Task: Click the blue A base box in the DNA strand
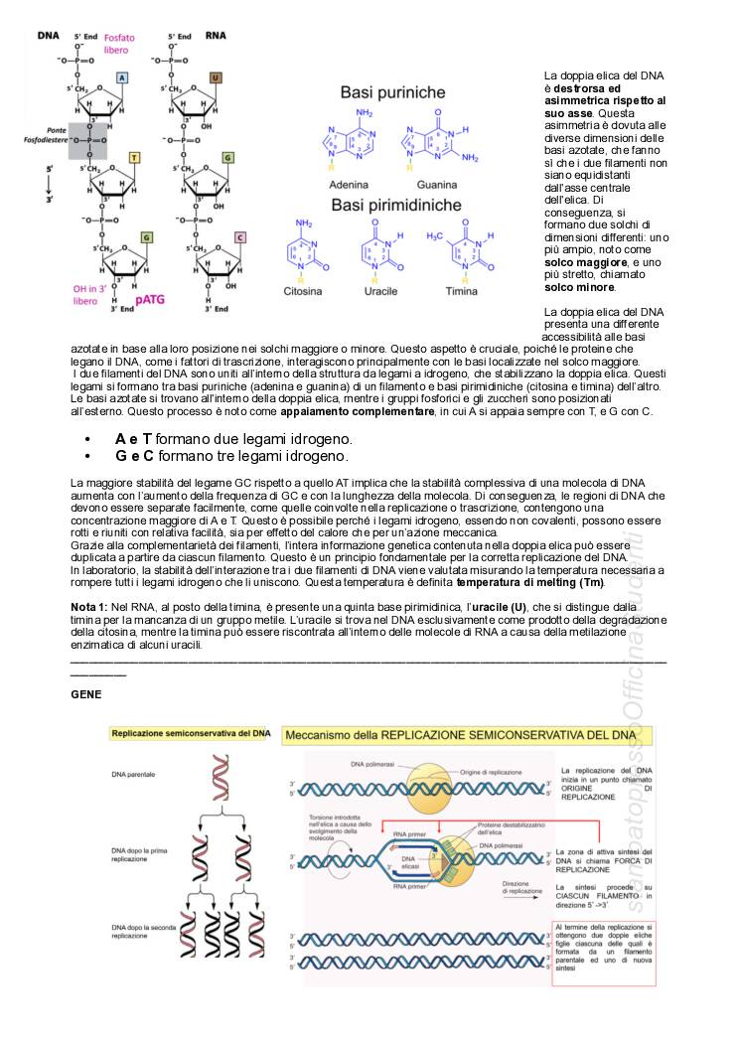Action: tap(121, 76)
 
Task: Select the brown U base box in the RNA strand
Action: tap(216, 76)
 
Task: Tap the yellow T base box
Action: tap(134, 157)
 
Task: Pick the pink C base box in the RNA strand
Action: tap(239, 237)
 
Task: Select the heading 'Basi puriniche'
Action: tap(393, 91)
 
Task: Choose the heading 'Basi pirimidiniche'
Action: tap(400, 206)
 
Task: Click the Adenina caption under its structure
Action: tap(348, 185)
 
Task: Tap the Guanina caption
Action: tap(437, 185)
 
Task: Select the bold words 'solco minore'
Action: tap(580, 287)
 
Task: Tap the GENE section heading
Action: tap(86, 695)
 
